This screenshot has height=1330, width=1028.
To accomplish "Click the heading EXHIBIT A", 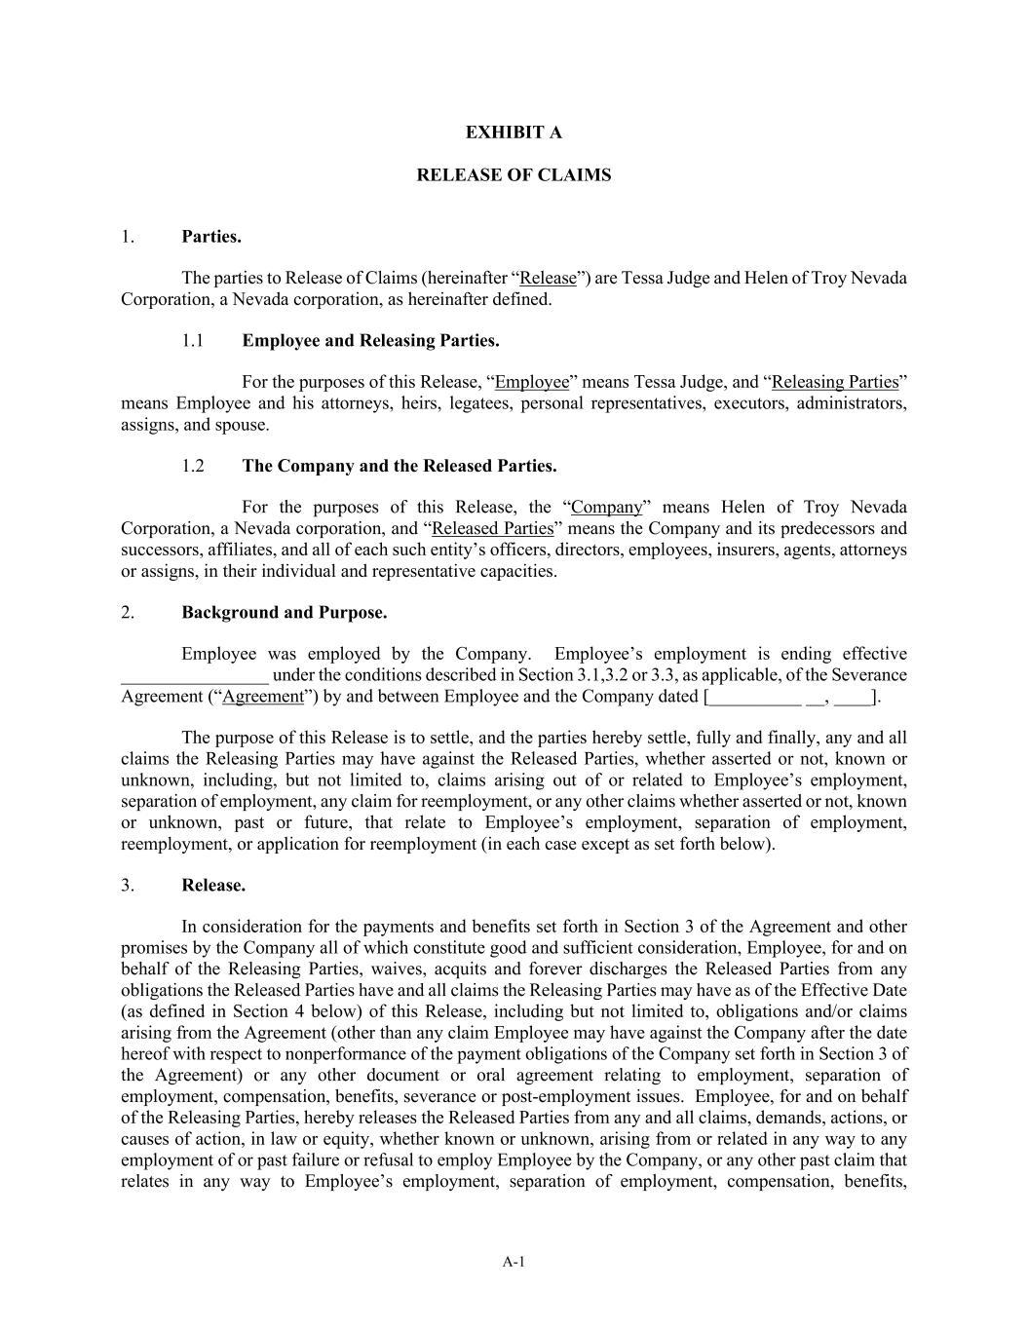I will pos(514,133).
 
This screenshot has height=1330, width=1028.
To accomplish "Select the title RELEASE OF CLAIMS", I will pos(514,175).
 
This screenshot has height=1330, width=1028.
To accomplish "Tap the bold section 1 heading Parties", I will pos(211,237).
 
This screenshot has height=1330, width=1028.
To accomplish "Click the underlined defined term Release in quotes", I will pos(548,279).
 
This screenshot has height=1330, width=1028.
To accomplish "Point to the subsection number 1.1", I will pos(193,341).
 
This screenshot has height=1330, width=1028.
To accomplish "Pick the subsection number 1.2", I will pos(193,466).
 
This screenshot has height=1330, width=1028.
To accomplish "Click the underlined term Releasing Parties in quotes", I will pos(835,382).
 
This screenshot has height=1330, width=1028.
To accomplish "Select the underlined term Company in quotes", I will pos(606,508).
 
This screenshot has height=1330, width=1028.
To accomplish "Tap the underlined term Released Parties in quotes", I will pos(492,529).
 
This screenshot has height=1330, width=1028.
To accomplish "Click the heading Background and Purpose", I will pos(284,613).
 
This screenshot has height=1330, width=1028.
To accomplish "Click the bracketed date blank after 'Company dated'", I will pos(791,697).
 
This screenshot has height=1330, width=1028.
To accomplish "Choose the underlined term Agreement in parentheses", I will pos(263,697).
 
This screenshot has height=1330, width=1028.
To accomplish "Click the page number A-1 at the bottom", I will pos(514,1263).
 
